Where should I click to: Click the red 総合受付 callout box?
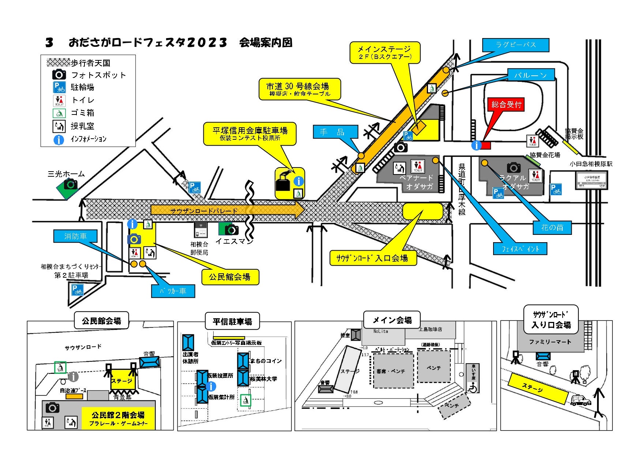(x=506, y=105)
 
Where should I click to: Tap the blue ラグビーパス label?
(x=516, y=45)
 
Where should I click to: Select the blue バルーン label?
(x=531, y=75)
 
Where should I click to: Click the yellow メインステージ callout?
(x=384, y=52)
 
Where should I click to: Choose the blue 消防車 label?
(x=76, y=236)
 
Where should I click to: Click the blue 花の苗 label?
(x=552, y=228)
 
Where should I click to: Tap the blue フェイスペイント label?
(x=520, y=249)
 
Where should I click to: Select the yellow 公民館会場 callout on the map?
(x=230, y=277)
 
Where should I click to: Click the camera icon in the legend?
(x=59, y=75)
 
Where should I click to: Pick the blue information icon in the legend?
(x=59, y=139)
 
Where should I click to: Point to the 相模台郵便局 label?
(x=199, y=248)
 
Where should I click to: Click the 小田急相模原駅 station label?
(x=590, y=164)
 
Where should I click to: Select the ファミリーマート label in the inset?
(x=550, y=342)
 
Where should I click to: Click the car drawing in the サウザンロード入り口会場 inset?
(x=581, y=400)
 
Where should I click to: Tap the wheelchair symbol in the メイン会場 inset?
(x=473, y=388)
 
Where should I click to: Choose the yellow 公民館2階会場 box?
(x=118, y=418)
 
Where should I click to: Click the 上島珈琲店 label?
(x=430, y=329)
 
